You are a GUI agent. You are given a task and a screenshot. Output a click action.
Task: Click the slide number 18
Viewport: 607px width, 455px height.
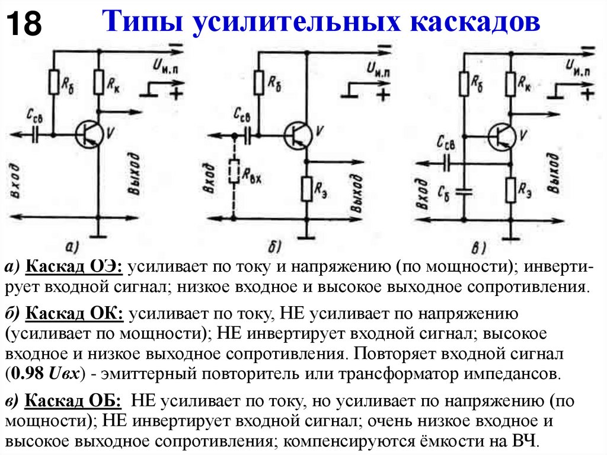(24, 26)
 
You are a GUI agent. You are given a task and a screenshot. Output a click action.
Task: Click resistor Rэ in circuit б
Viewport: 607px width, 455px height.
(307, 188)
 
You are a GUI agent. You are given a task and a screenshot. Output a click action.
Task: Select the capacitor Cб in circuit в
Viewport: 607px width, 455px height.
(465, 191)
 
